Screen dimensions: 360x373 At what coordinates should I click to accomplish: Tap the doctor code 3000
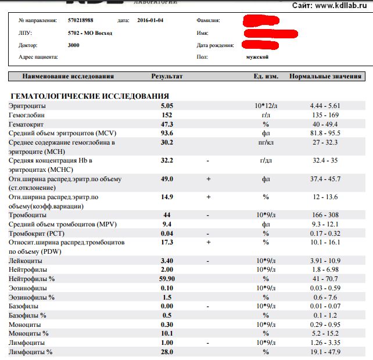[x=74, y=45]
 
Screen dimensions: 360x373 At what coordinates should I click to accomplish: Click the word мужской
[x=257, y=57]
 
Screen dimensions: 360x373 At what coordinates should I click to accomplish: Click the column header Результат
[x=167, y=76]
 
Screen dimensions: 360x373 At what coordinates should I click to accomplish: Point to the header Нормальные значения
[x=325, y=76]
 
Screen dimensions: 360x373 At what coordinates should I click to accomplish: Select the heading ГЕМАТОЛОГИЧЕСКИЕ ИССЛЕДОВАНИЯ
[x=89, y=96]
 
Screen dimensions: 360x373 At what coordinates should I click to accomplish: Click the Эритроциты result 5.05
[x=167, y=106]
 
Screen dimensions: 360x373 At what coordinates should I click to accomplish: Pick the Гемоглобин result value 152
[x=167, y=115]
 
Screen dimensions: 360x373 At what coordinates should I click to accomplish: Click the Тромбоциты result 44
[x=167, y=215]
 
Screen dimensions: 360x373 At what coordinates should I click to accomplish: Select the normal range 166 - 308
[x=325, y=215]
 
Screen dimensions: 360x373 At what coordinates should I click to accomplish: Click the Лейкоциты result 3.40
[x=167, y=261]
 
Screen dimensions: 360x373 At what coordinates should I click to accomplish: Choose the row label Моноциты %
[x=28, y=333]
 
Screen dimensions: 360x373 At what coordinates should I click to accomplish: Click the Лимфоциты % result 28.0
[x=167, y=352]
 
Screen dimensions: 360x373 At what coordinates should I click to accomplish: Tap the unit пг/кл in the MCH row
[x=266, y=142]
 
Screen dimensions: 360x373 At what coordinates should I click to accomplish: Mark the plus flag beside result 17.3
[x=208, y=242]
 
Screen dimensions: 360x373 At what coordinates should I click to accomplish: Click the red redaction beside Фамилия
[x=266, y=21]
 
